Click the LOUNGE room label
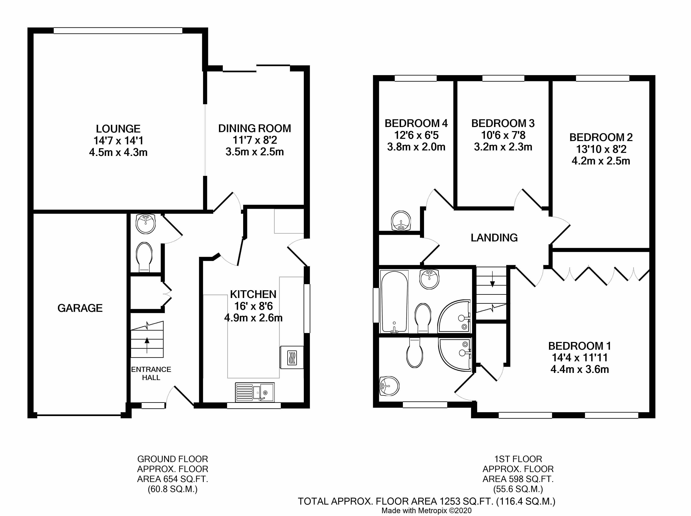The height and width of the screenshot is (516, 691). [118, 129]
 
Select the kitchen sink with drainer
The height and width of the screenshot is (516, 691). [255, 392]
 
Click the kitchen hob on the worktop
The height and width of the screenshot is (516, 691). [292, 358]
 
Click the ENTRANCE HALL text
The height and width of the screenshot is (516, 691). [151, 373]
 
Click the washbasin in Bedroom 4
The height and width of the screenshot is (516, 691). [401, 220]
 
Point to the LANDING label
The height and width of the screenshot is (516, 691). [494, 238]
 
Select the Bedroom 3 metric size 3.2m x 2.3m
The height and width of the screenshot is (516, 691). [503, 147]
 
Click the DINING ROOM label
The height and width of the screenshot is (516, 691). [255, 128]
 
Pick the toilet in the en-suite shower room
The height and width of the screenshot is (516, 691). [415, 353]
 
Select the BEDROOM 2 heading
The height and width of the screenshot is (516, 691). [601, 137]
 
